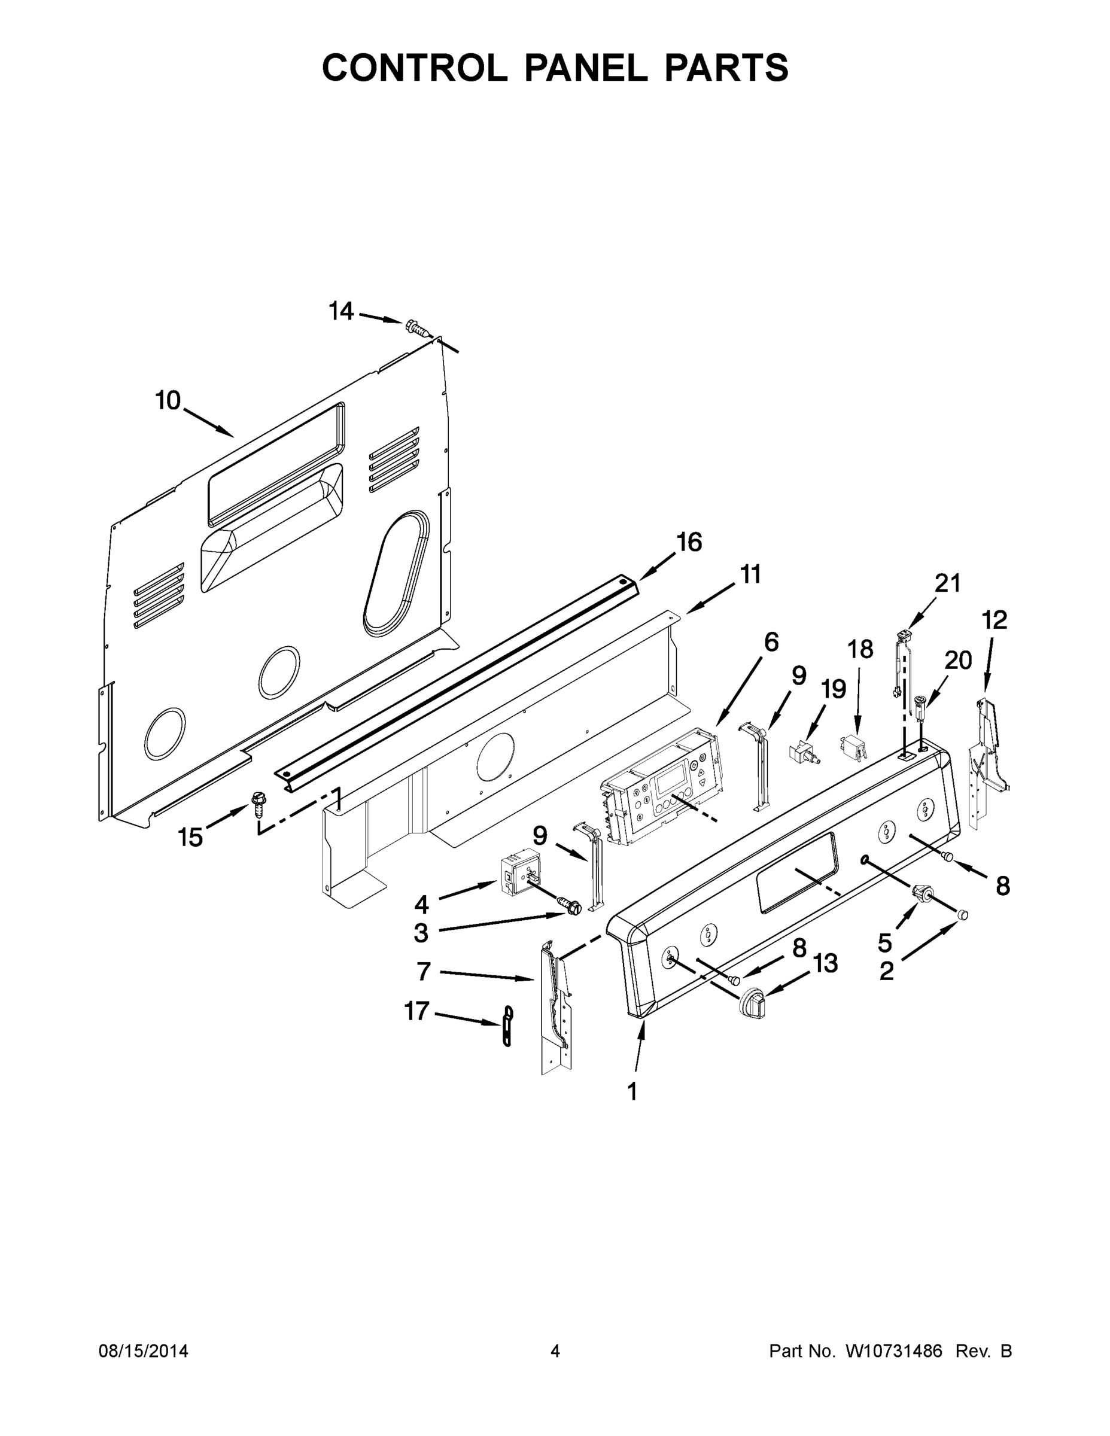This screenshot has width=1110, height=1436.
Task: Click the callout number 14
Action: coord(341,311)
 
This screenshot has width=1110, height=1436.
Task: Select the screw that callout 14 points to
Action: coord(415,327)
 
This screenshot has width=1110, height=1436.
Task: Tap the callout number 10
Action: coord(168,400)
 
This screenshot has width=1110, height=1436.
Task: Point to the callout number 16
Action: coord(689,543)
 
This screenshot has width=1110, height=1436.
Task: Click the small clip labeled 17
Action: coord(507,1025)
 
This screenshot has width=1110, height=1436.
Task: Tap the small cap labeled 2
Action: coord(963,914)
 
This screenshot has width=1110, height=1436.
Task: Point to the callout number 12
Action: coord(995,619)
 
